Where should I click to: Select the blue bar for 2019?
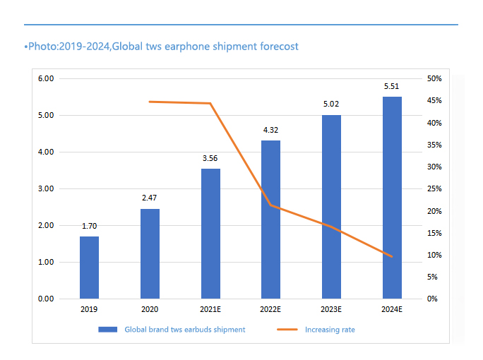[90, 268]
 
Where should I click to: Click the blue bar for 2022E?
[270, 220]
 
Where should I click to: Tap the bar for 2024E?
[392, 198]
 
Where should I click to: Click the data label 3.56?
[210, 158]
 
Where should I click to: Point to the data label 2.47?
[150, 198]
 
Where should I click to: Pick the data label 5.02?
[331, 104]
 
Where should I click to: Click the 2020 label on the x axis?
[150, 309]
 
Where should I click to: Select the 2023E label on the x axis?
[331, 309]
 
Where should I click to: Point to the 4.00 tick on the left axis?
[46, 152]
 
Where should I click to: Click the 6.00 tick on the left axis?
[46, 78]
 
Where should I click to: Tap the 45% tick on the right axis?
[434, 100]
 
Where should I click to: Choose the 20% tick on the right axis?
[434, 211]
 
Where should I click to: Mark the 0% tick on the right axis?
[432, 299]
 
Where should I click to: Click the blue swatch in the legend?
[108, 330]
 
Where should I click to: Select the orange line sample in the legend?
[287, 330]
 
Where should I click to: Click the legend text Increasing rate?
[330, 330]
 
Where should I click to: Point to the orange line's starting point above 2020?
[150, 102]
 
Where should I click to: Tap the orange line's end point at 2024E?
[392, 256]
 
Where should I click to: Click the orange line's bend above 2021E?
[210, 103]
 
